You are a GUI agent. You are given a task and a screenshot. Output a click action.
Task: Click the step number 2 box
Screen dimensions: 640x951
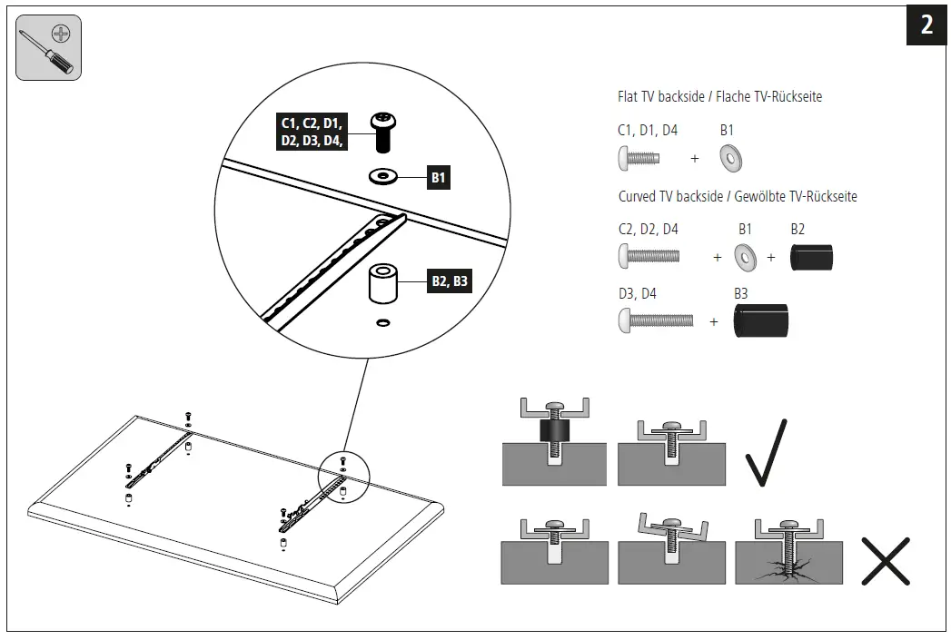(x=926, y=25)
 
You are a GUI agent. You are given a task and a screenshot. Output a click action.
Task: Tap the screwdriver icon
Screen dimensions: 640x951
(x=49, y=48)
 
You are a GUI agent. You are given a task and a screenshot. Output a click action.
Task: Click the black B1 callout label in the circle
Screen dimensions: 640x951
(x=438, y=178)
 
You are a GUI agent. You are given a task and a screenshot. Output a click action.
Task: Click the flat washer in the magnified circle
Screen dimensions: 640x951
(x=382, y=174)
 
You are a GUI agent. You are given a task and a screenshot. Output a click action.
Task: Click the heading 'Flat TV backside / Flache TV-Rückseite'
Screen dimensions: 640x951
(x=719, y=96)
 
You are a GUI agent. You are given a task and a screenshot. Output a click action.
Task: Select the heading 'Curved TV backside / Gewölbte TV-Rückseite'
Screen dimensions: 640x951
(x=738, y=196)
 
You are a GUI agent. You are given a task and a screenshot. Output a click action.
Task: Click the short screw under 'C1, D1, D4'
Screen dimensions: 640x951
(x=639, y=158)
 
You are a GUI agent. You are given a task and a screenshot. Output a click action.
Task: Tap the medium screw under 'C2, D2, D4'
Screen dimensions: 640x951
(x=649, y=256)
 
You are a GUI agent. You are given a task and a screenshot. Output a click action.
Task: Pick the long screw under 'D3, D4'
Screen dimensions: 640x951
(x=655, y=320)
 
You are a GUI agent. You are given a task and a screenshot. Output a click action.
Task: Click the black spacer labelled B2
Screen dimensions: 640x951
(x=810, y=257)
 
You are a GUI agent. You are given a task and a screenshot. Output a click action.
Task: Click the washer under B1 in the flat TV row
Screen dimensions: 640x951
(x=731, y=158)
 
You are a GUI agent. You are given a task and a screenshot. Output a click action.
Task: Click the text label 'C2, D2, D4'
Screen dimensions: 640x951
(x=648, y=230)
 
